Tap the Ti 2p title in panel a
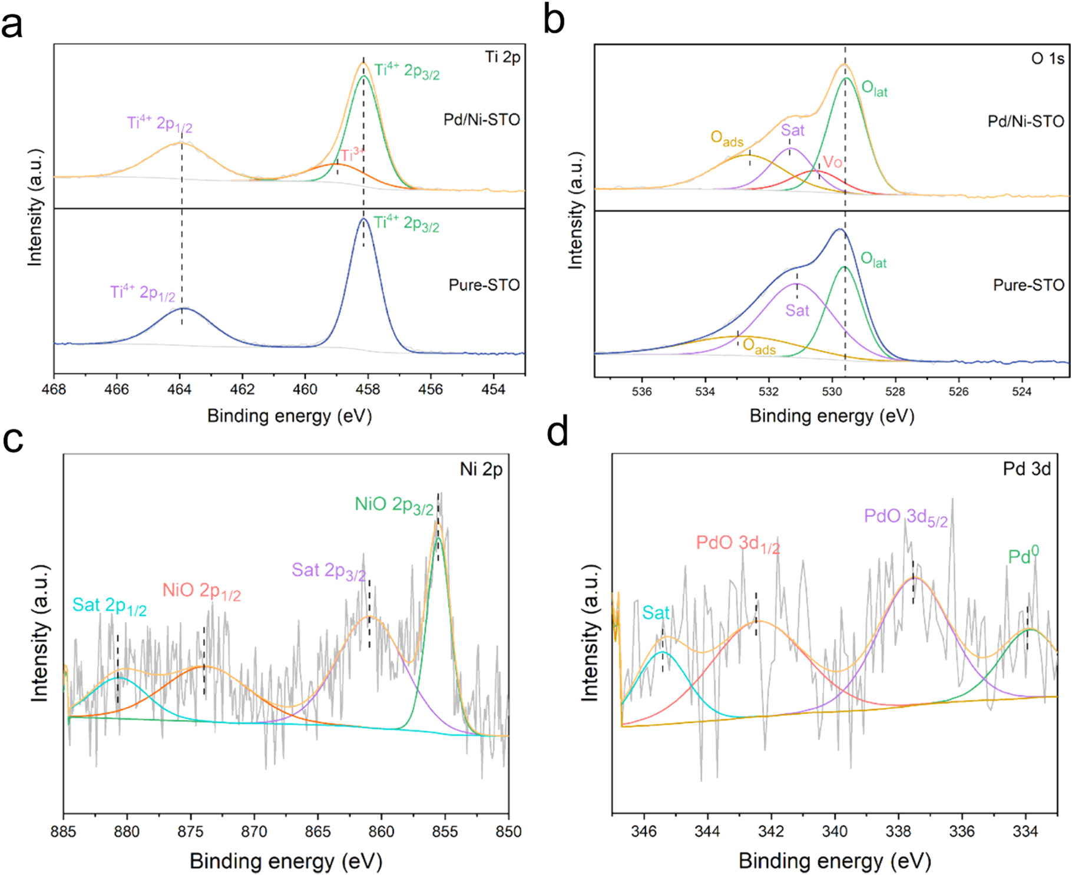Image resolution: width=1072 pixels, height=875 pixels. pos(502,57)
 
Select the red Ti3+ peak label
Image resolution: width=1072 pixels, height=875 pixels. pos(352,155)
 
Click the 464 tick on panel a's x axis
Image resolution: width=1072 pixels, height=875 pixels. pos(179,389)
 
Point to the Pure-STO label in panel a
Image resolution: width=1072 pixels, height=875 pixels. pos(484,285)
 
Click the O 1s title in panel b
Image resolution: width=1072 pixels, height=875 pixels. pos(1048,58)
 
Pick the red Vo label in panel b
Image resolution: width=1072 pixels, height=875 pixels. pos(832,161)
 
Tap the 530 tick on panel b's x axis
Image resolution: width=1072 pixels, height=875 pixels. pos(832,391)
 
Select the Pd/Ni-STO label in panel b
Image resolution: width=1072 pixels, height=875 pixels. pos(1025,121)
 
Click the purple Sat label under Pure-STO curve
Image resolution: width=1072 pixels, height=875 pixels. pos(797,311)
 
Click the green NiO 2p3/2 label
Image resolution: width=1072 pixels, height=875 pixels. pos(394,506)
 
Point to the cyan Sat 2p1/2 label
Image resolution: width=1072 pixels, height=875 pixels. pos(109,606)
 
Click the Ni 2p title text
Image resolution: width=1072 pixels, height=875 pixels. pos(481,470)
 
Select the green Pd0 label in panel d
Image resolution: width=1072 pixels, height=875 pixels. pos(1023,556)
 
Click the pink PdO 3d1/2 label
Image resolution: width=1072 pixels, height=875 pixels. pos(737,544)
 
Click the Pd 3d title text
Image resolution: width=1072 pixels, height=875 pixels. pos(1027,469)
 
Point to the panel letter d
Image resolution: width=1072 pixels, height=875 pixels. pos(557,433)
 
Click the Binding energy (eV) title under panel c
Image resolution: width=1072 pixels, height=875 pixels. pos(286,861)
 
